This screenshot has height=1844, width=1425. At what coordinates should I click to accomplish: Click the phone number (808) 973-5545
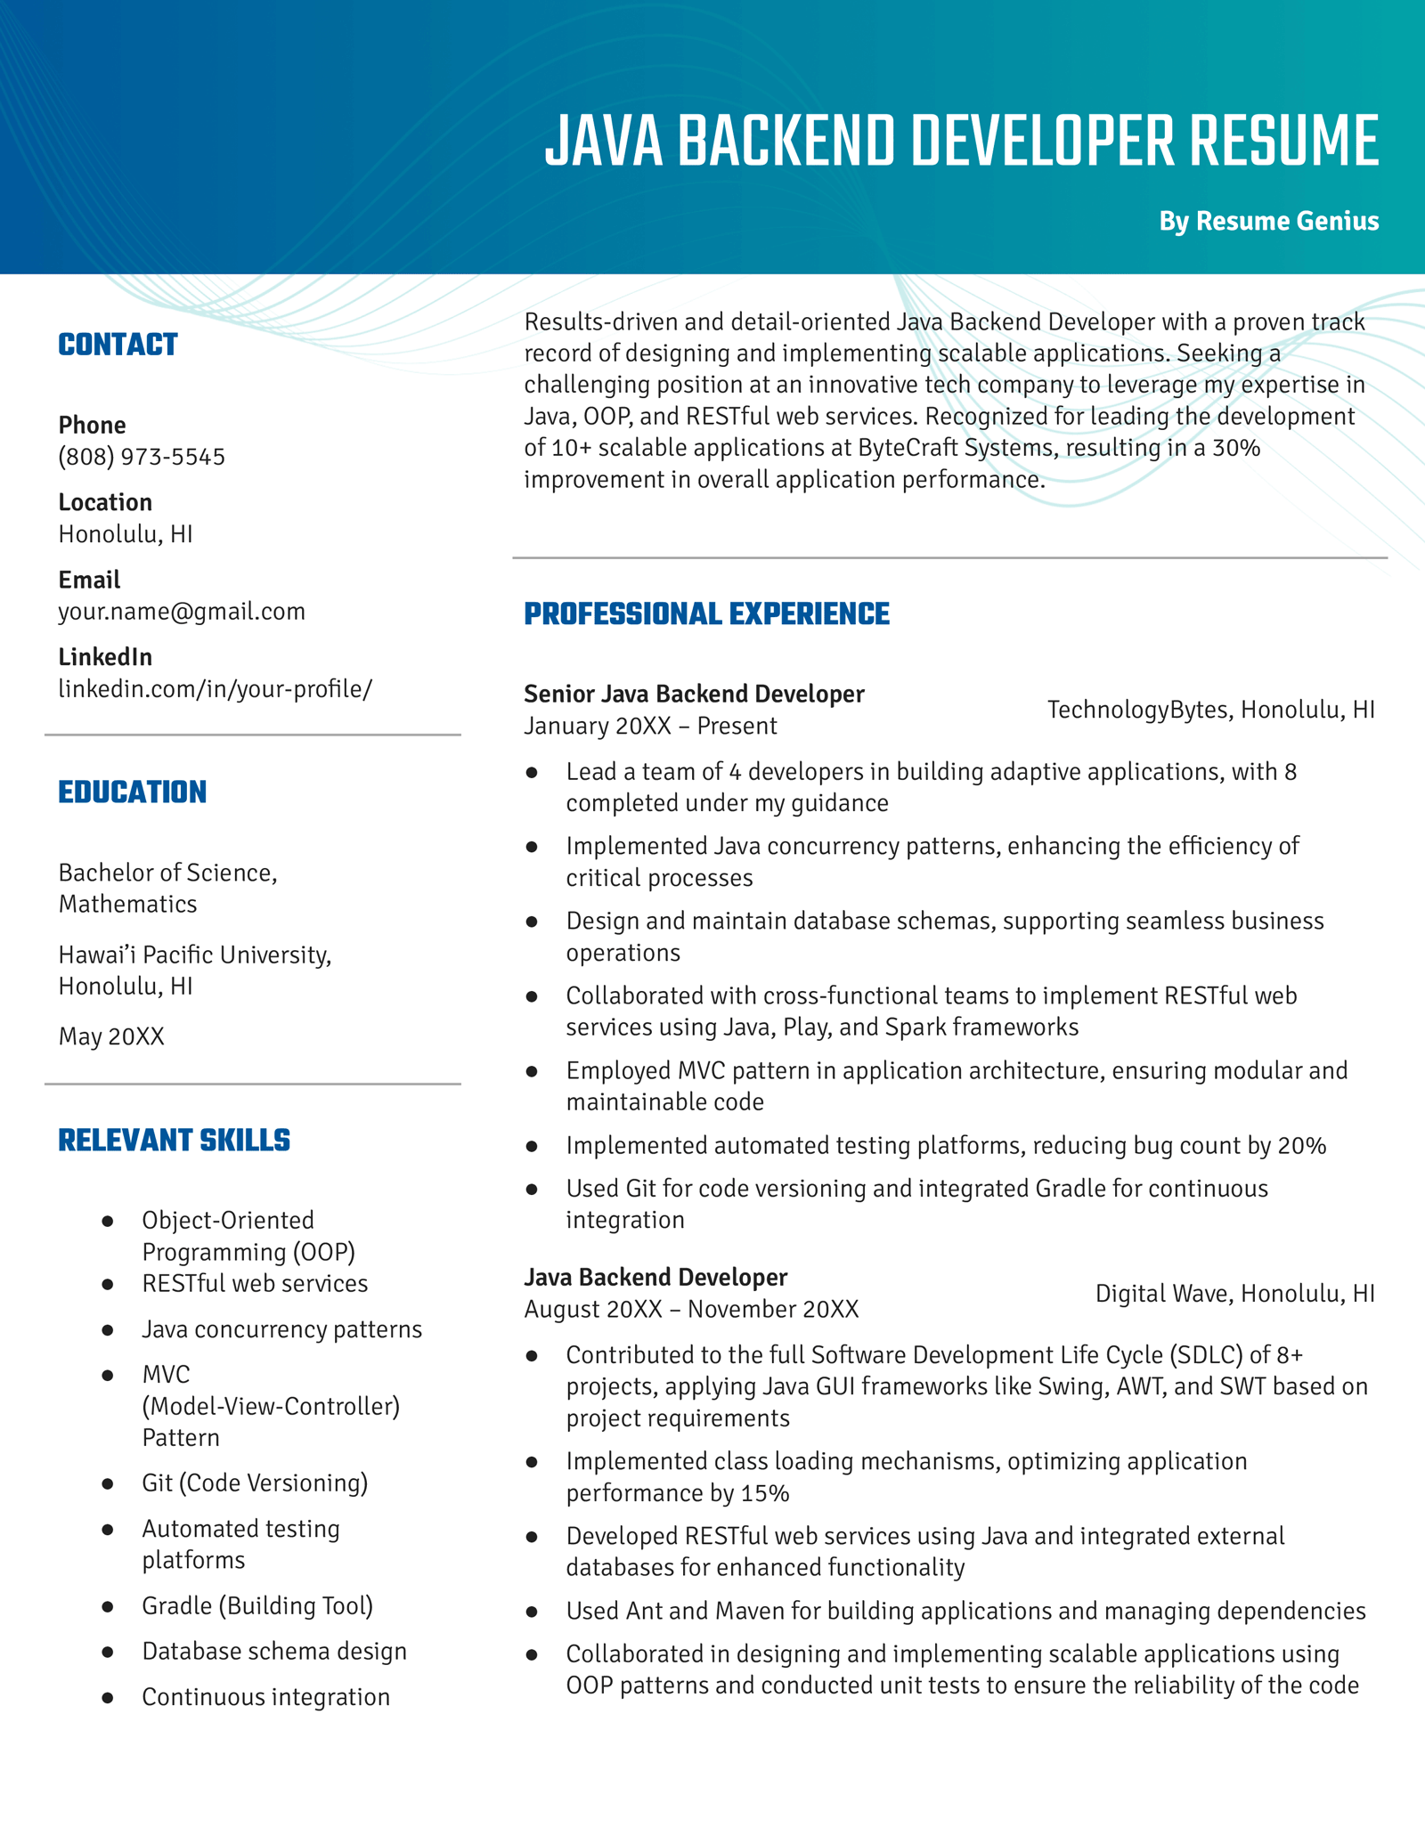[142, 457]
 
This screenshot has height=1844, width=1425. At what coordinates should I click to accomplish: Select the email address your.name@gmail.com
[182, 612]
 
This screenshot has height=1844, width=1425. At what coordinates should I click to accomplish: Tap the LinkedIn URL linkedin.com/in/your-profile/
[216, 689]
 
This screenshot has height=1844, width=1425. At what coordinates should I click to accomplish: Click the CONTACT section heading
[118, 345]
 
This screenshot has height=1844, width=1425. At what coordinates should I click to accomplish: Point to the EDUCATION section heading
[132, 792]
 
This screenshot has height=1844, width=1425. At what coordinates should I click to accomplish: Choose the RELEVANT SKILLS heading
[174, 1141]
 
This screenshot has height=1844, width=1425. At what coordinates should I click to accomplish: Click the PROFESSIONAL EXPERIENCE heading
[706, 614]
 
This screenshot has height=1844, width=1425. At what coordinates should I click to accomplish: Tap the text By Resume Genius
[1268, 221]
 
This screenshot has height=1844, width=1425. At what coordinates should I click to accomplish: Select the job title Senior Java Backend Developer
[694, 695]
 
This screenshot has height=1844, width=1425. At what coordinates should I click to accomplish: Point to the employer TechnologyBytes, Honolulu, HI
[1210, 710]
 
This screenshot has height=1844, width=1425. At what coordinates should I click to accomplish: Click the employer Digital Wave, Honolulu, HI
[1234, 1294]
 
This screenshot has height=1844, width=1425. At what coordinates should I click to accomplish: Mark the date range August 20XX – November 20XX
[691, 1310]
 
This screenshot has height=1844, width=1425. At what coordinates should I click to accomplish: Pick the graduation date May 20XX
[111, 1037]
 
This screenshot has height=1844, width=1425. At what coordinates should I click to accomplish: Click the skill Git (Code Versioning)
[255, 1483]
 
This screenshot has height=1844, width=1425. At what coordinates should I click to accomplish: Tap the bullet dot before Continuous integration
[108, 1698]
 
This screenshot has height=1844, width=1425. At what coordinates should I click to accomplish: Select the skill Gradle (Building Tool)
[257, 1606]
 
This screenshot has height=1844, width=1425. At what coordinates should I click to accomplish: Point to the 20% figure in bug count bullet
[1301, 1146]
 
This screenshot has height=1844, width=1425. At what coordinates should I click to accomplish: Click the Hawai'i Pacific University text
[194, 955]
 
